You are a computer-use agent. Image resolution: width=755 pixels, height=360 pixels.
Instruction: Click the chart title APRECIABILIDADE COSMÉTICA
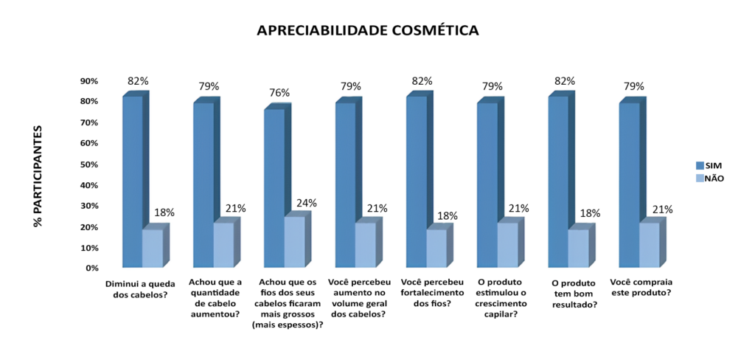click(367, 30)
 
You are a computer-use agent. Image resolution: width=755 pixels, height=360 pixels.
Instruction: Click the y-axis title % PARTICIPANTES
click(38, 176)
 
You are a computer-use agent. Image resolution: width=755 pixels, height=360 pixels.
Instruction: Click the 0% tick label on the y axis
click(91, 269)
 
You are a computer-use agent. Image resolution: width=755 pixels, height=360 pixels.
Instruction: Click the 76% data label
click(279, 93)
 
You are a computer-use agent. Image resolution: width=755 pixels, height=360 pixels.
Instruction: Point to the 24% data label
click(306, 203)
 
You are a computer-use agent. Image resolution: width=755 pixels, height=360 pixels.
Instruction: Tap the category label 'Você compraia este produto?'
click(641, 287)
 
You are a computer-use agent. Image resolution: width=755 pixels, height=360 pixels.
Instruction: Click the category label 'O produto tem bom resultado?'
click(574, 294)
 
